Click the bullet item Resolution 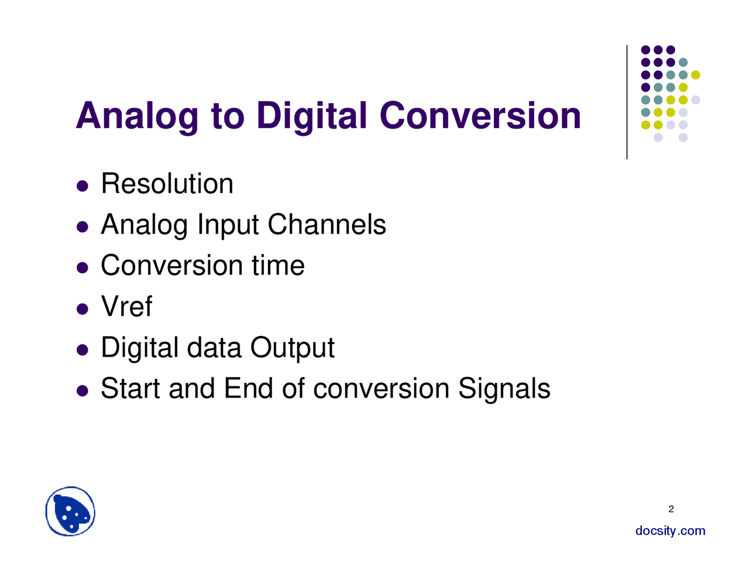167,184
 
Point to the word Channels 327,225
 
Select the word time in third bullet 278,266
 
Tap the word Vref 126,307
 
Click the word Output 292,348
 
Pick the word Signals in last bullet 504,389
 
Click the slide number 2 671,509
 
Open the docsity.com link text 670,531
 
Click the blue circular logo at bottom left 70,512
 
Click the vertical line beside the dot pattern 627,102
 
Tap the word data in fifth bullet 214,348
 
